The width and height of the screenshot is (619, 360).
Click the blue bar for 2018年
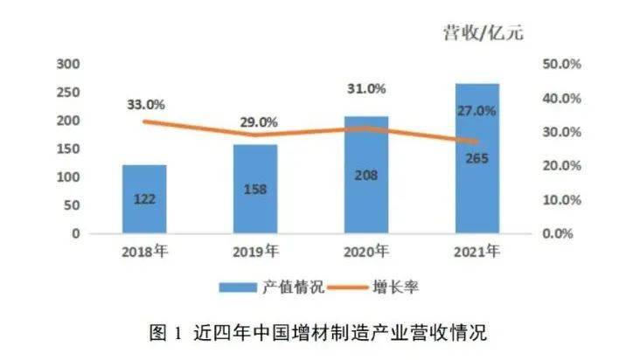pos(144,198)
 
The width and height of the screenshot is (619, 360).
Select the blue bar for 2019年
pos(255,189)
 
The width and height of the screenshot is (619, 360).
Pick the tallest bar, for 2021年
pos(477,158)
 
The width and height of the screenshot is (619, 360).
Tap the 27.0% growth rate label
pos(477,111)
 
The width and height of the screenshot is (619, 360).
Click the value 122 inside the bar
pos(144,199)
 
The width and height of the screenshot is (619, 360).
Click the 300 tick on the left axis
pos(67,64)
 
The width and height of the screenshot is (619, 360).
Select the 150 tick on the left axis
pos(67,149)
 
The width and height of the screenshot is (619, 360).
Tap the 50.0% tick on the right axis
pos(563,65)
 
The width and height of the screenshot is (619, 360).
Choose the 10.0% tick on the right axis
pos(563,200)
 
